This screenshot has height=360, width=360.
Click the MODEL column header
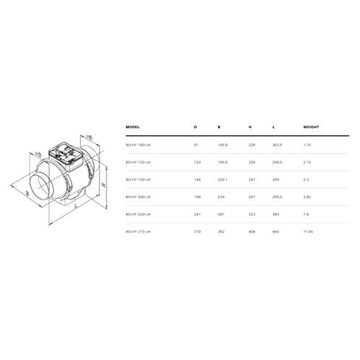pos(132,127)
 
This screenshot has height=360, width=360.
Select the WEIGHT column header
pos(312,127)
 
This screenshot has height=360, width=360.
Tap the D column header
pos(195,127)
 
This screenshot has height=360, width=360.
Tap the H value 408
pos(251,232)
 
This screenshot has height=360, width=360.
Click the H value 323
pos(251,215)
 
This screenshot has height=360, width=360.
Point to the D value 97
pos(196,145)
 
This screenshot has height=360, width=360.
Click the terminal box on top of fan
pos(65,152)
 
